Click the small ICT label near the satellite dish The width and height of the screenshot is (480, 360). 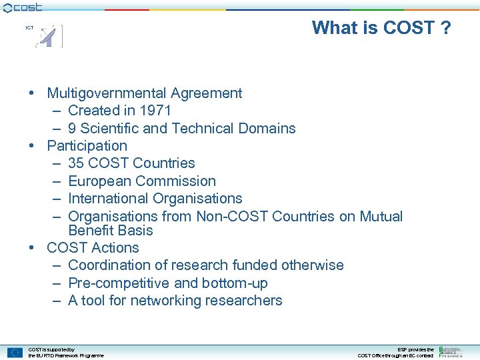coord(29,28)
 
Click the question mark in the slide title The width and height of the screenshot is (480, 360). coord(445,28)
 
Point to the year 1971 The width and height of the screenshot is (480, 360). coord(156,111)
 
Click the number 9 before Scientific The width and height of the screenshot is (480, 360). coord(72,129)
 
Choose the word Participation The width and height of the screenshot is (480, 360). coord(87,146)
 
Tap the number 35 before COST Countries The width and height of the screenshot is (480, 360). coord(76,163)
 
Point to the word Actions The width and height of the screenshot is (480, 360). coord(117,248)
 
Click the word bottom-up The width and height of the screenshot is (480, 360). coord(237,283)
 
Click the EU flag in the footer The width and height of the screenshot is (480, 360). coord(15,353)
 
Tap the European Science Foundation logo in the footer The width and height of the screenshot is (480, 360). coord(451,351)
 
